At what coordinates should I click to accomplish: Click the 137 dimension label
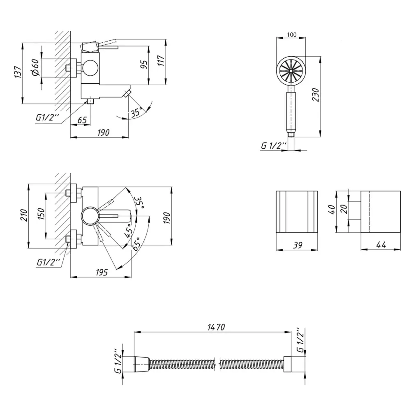[x=18, y=72]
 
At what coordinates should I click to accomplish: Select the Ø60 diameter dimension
[x=36, y=67]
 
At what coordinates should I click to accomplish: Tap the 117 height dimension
[x=161, y=60]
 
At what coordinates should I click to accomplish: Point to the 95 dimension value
[x=143, y=65]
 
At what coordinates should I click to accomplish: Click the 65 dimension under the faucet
[x=82, y=120]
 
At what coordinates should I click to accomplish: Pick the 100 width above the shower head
[x=291, y=35]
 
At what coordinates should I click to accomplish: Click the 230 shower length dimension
[x=315, y=95]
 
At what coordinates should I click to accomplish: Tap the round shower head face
[x=291, y=71]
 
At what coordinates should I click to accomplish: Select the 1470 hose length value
[x=216, y=327]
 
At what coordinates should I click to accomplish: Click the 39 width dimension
[x=298, y=245]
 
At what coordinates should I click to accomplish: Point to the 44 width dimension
[x=381, y=245]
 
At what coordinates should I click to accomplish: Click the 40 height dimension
[x=332, y=210]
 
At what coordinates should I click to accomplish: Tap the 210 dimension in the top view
[x=24, y=215]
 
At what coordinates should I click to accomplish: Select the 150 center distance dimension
[x=41, y=214]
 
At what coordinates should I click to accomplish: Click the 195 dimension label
[x=102, y=272]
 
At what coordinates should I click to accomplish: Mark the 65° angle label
[x=136, y=244]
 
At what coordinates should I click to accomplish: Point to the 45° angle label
[x=128, y=231]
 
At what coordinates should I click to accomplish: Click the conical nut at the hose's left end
[x=141, y=364]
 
